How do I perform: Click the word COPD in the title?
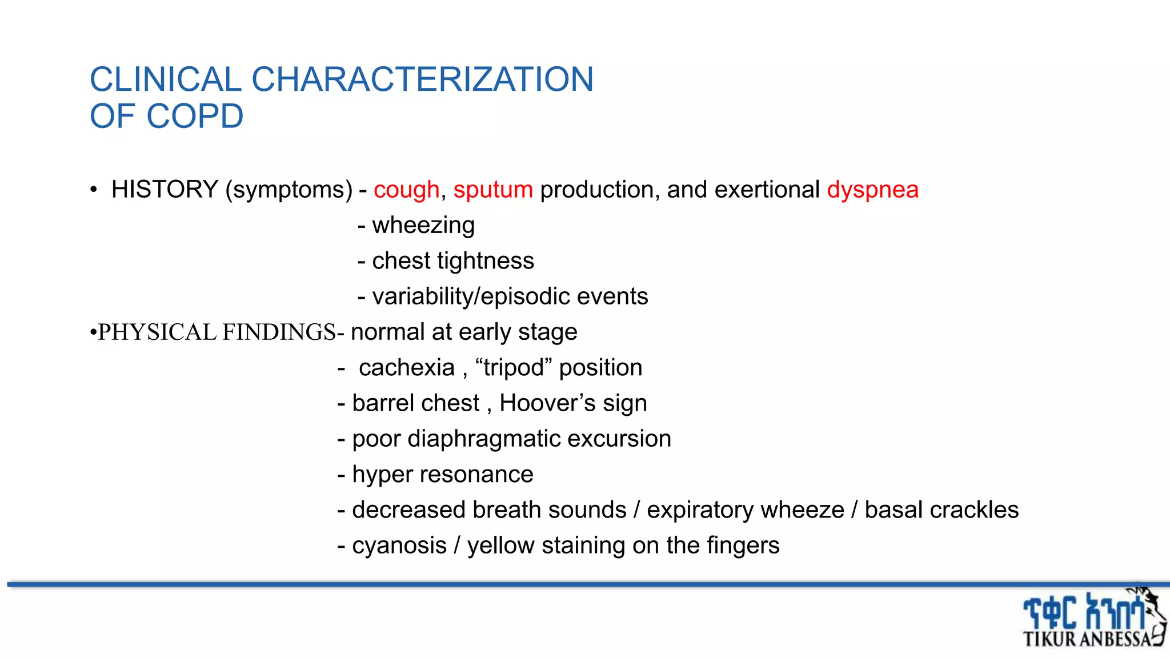coord(195,117)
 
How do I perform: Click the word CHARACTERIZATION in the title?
coord(422,79)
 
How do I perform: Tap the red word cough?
coord(406,190)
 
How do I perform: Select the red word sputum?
coord(493,190)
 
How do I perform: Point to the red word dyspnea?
coord(872,190)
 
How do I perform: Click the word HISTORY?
coord(165,190)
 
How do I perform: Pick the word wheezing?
coord(423,226)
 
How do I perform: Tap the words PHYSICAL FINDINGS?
coord(217,332)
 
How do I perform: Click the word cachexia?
coord(407,368)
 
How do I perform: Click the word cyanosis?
coord(399,545)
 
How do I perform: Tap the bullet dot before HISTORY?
coord(94,190)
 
